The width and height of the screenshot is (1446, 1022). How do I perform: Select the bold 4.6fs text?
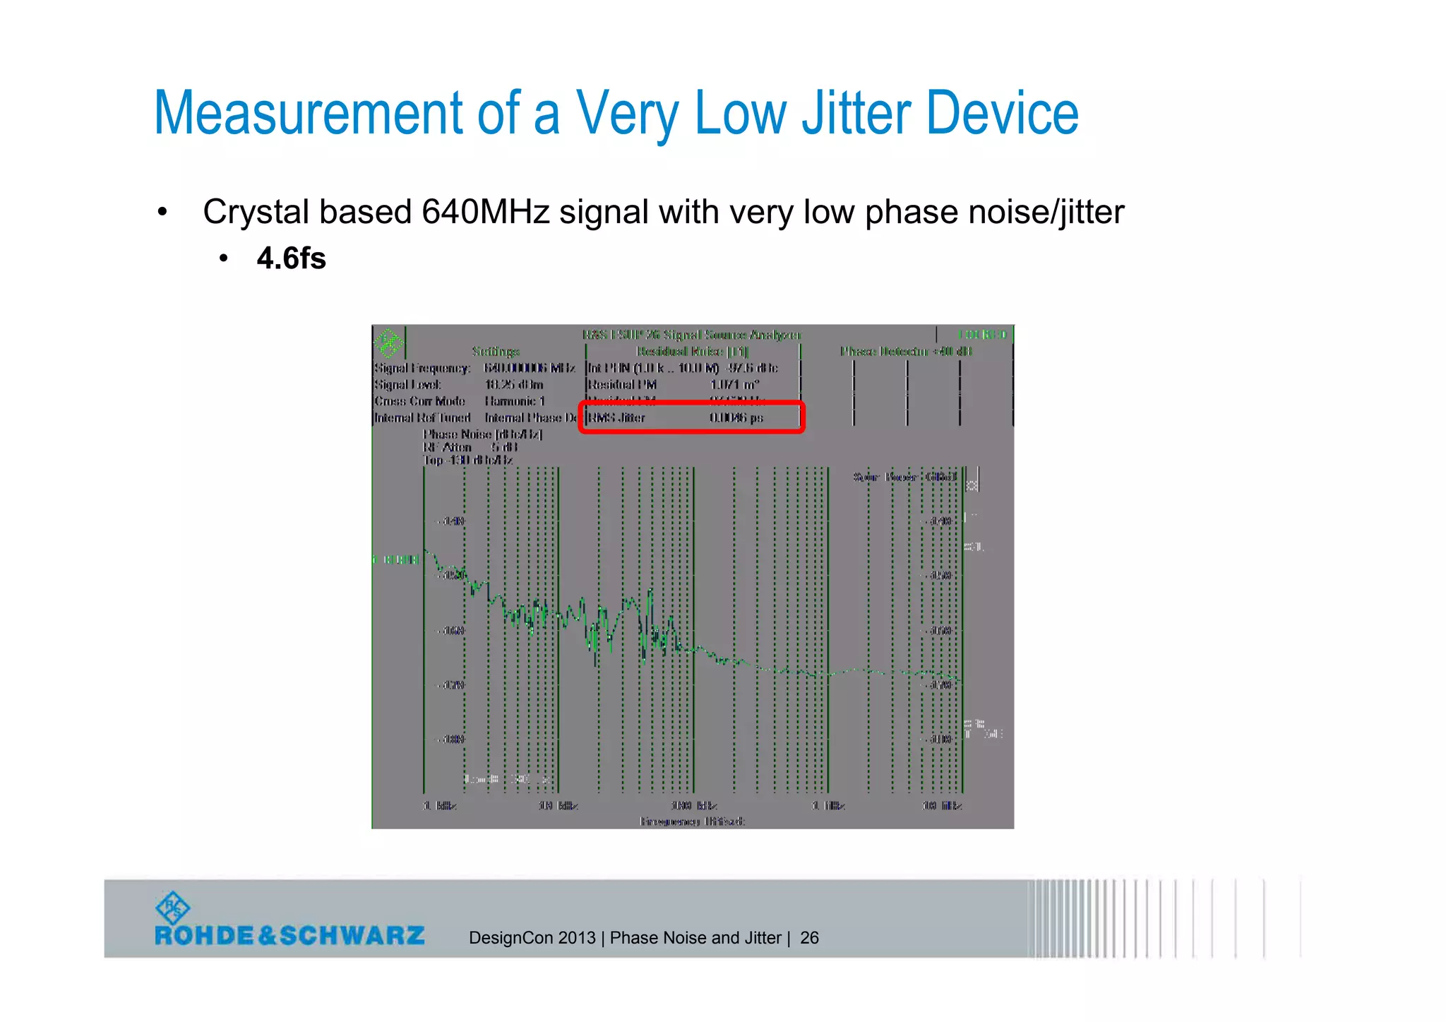291,259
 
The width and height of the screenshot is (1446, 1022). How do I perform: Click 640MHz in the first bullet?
485,212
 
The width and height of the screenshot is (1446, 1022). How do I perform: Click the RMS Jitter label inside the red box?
616,417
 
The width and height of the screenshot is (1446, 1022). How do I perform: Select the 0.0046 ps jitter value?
736,417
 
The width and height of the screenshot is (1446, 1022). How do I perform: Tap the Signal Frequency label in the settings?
422,368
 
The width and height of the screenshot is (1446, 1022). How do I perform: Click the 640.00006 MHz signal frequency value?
529,368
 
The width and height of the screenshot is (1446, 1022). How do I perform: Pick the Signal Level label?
407,385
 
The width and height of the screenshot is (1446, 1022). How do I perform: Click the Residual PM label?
622,385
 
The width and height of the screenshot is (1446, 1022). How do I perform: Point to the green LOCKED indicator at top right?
982,334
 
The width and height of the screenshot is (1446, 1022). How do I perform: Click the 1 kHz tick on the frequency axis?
440,806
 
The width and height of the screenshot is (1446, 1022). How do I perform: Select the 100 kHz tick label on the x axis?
694,806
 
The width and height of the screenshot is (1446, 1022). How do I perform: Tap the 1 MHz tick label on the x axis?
828,806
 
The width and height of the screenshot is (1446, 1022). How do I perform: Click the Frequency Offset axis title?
692,821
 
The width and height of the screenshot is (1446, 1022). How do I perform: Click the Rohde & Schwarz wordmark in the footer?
289,936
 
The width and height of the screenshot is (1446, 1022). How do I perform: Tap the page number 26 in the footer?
809,938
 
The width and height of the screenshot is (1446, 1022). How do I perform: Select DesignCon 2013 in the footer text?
532,938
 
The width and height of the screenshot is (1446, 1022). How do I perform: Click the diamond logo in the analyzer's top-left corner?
388,343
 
